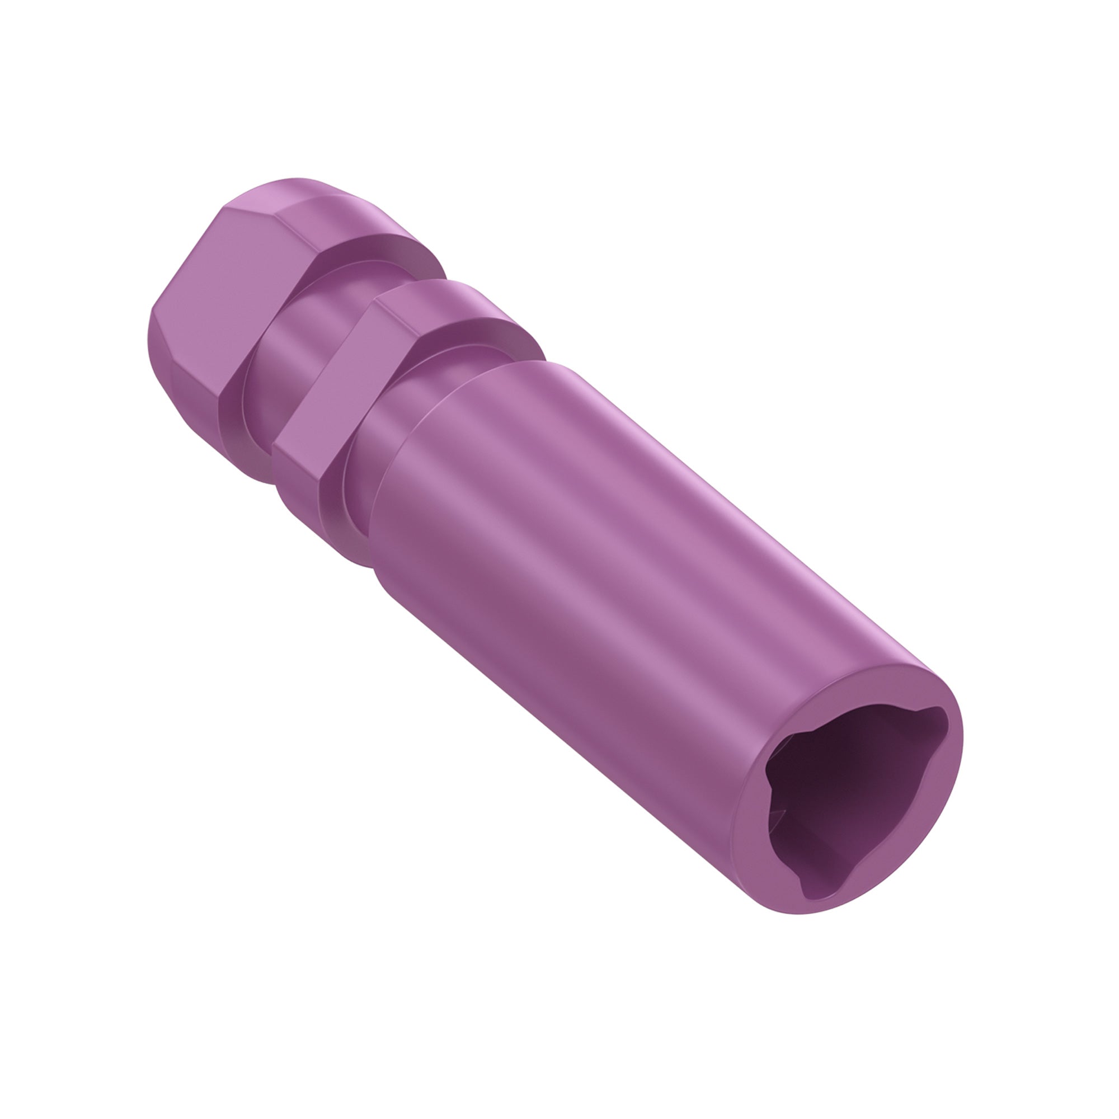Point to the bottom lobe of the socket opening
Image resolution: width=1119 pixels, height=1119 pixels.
(811, 887)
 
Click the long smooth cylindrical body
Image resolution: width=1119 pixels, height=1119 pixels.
(608, 579)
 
